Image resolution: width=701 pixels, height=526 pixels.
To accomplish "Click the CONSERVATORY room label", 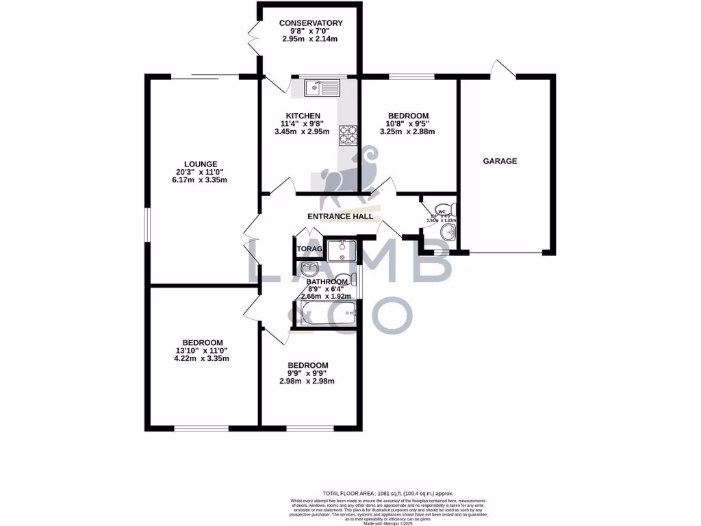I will (311, 23).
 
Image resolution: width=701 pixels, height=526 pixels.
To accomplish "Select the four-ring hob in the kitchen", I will (347, 136).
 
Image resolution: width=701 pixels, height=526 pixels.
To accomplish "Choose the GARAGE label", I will (500, 162).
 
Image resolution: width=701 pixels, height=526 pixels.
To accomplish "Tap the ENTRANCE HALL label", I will (340, 216).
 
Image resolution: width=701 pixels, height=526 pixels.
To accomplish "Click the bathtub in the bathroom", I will (326, 314).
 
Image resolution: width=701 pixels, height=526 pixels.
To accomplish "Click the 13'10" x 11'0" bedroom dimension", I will (202, 351).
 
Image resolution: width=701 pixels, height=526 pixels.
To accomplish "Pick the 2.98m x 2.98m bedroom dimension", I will (307, 381).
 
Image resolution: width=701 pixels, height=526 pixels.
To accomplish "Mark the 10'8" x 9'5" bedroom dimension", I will (408, 124).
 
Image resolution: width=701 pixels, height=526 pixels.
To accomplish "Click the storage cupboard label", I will (308, 249).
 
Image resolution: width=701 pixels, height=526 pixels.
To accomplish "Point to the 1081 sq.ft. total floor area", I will (387, 493).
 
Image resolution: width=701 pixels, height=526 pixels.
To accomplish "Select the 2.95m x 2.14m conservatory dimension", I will (311, 40).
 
